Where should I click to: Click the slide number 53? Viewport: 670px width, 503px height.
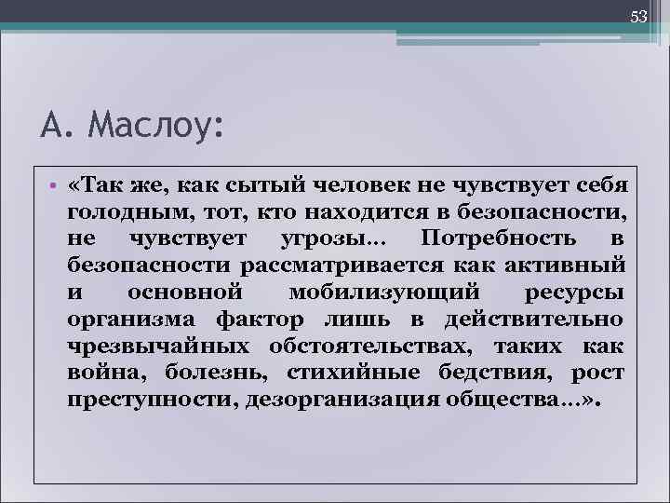point(638,16)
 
